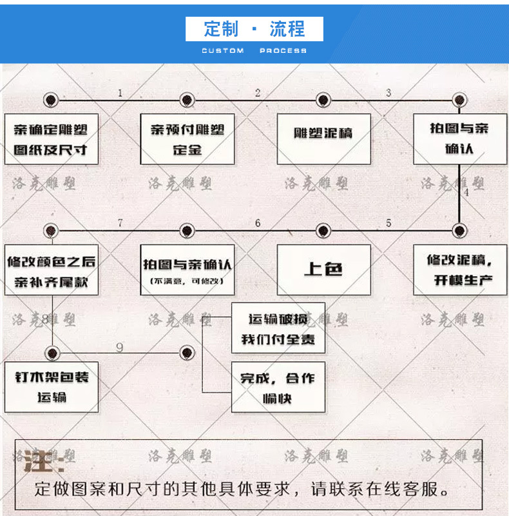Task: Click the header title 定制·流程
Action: coord(254,29)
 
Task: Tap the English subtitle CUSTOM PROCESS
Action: coord(254,51)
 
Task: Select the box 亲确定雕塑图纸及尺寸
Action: coord(51,139)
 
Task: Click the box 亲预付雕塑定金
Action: coord(187,139)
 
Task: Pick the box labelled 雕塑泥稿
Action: coord(323,134)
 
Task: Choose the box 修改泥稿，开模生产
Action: coord(460,270)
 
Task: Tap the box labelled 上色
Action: coord(323,270)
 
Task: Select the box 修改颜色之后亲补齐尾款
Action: coord(51,271)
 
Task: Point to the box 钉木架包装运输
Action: coord(51,387)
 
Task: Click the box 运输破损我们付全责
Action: coord(278,328)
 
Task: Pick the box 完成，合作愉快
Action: coord(278,387)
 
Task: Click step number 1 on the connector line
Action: coord(120,93)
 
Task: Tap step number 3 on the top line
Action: coord(389,93)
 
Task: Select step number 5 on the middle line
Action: coord(389,223)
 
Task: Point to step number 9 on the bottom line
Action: coord(120,348)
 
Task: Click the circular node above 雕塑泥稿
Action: coord(323,100)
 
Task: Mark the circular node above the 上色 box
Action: coord(323,230)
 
